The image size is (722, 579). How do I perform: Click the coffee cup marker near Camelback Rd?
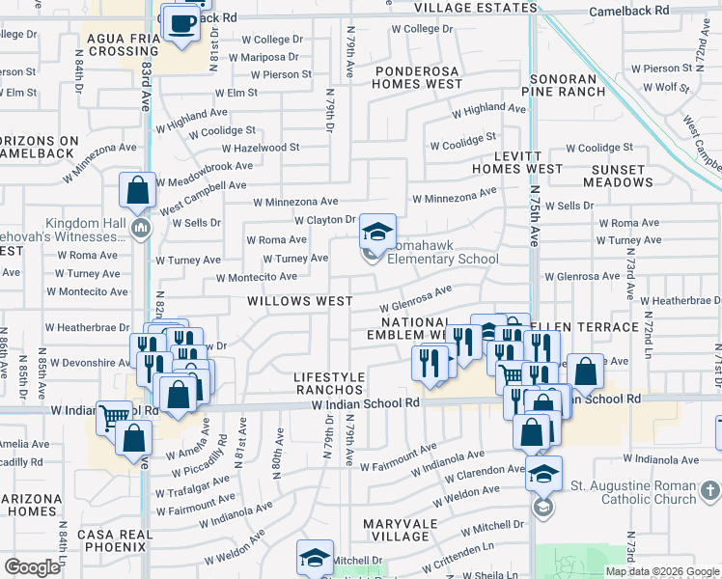[180, 23]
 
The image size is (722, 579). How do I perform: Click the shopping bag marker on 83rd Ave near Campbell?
[138, 189]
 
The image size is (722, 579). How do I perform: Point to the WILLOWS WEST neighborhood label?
[299, 301]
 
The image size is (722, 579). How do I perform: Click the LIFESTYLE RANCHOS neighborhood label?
[329, 383]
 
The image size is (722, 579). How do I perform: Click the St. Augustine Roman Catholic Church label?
[633, 491]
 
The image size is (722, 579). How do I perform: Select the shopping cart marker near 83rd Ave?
[114, 418]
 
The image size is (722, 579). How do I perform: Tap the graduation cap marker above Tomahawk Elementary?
[377, 232]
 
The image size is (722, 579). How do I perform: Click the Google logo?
[33, 566]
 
